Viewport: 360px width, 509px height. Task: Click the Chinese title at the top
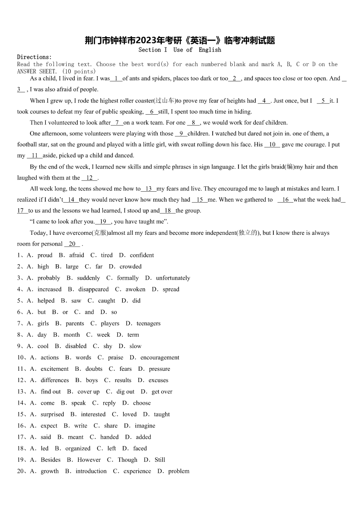(180, 40)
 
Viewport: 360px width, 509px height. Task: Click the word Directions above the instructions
(34, 57)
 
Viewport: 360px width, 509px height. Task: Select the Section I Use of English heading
(180, 50)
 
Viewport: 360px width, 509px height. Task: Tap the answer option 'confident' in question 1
(142, 255)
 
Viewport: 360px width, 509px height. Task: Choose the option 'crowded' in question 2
(131, 267)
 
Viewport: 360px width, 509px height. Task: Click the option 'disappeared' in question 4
(93, 289)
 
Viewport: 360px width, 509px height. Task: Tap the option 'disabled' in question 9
(76, 346)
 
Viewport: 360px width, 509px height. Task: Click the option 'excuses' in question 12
(158, 380)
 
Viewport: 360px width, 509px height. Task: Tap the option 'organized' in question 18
(78, 448)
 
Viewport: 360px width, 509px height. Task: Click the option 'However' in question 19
(89, 460)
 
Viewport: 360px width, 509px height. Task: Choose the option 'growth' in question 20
(49, 471)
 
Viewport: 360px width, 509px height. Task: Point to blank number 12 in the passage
(89, 178)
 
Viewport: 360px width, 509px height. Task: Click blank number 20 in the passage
(72, 244)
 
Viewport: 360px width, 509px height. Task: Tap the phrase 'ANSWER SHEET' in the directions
(37, 72)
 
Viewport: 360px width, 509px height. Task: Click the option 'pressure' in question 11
(160, 369)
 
